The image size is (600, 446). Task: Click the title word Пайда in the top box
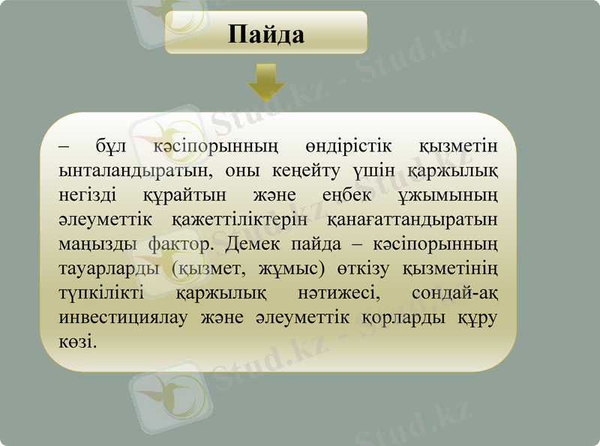point(266,34)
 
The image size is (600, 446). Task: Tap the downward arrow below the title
point(266,81)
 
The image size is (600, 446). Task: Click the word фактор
point(180,245)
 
